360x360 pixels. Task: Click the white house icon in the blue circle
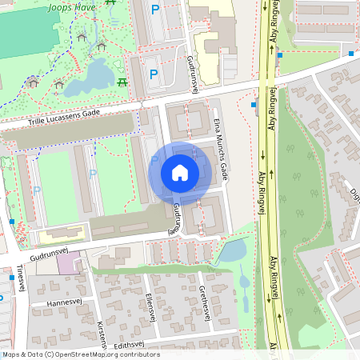(x=180, y=173)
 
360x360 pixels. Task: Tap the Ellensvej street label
(x=149, y=307)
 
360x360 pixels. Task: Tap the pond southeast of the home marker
(x=233, y=251)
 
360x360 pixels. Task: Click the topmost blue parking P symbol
(x=154, y=10)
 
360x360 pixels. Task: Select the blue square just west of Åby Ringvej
(x=254, y=105)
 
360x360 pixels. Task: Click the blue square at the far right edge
(x=351, y=54)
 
